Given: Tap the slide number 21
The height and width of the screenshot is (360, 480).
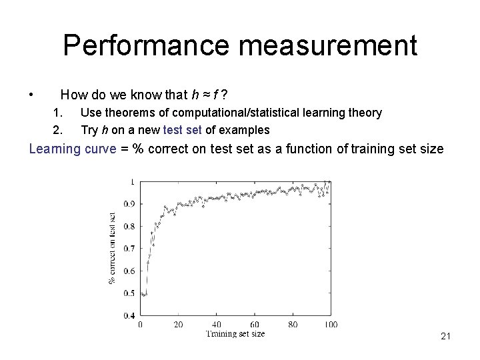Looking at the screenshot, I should coord(446,337).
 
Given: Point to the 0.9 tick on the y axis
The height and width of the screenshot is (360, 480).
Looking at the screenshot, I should coord(129,204).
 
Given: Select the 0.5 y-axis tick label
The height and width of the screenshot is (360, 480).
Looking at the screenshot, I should coord(129,293).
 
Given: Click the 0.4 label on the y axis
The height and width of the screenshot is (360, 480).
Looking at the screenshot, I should coord(129,315).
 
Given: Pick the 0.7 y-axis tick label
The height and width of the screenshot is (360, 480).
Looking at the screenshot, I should coord(129,249).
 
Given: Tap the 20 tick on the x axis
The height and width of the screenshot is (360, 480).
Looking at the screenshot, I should coord(178,325).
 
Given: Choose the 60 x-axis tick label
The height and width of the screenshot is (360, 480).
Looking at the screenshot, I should coord(255,325).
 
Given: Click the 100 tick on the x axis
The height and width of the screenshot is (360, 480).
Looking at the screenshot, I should coord(331,325).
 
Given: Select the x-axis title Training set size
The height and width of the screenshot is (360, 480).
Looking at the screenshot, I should coord(235,334).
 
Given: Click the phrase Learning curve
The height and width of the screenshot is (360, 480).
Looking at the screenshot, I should coord(67,149).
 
